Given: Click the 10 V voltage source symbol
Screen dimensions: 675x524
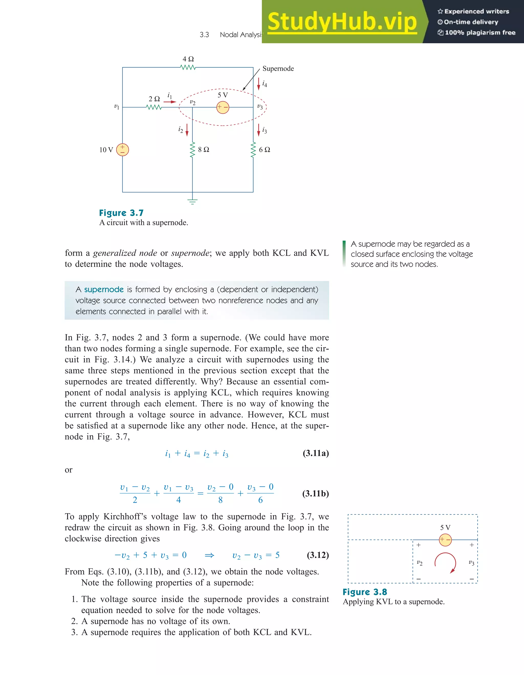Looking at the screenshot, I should pyautogui.click(x=122, y=150).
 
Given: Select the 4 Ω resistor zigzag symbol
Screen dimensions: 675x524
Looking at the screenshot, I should pyautogui.click(x=188, y=67).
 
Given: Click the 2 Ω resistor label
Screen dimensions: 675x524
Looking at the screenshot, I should pyautogui.click(x=154, y=99).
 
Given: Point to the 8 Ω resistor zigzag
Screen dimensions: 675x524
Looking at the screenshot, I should pyautogui.click(x=192, y=150).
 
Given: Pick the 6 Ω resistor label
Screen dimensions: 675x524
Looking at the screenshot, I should pyautogui.click(x=265, y=149).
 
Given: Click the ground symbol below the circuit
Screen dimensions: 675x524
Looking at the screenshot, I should pyautogui.click(x=192, y=201).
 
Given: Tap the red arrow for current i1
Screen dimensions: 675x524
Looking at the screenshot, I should pyautogui.click(x=169, y=102).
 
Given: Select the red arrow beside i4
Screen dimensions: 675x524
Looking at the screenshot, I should pyautogui.click(x=259, y=84).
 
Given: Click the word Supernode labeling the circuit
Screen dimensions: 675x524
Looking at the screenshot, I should pyautogui.click(x=278, y=69).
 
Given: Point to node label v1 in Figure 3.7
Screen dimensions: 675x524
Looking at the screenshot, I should pyautogui.click(x=116, y=107).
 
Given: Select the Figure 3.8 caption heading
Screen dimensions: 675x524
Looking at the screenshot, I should pyautogui.click(x=365, y=592).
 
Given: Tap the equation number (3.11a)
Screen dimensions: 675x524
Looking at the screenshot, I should pyautogui.click(x=315, y=453).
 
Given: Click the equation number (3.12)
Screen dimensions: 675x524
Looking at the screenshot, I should pyautogui.click(x=318, y=555).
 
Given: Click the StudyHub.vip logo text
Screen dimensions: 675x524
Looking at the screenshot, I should pyautogui.click(x=342, y=22).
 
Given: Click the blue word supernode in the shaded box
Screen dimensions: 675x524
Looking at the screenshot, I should pyautogui.click(x=104, y=290).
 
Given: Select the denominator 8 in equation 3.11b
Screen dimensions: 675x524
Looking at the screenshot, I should pyautogui.click(x=220, y=500).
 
